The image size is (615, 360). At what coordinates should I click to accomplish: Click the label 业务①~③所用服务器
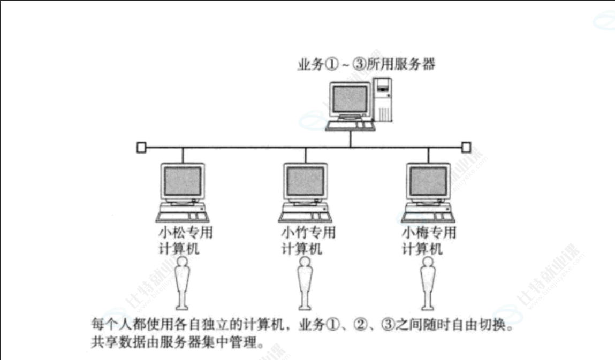pyautogui.click(x=367, y=65)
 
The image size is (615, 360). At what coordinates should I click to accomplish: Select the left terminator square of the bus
pyautogui.click(x=141, y=147)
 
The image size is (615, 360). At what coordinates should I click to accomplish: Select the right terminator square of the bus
pyautogui.click(x=466, y=147)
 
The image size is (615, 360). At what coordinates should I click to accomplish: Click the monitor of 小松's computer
pyautogui.click(x=183, y=181)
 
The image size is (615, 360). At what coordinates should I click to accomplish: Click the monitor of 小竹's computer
pyautogui.click(x=305, y=181)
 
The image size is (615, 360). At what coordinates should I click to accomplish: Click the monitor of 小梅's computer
pyautogui.click(x=428, y=181)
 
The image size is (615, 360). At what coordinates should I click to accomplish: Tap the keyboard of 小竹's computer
pyautogui.click(x=303, y=217)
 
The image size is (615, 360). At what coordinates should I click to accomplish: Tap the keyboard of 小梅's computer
pyautogui.click(x=426, y=217)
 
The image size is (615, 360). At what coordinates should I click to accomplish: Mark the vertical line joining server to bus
pyautogui.click(x=351, y=139)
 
